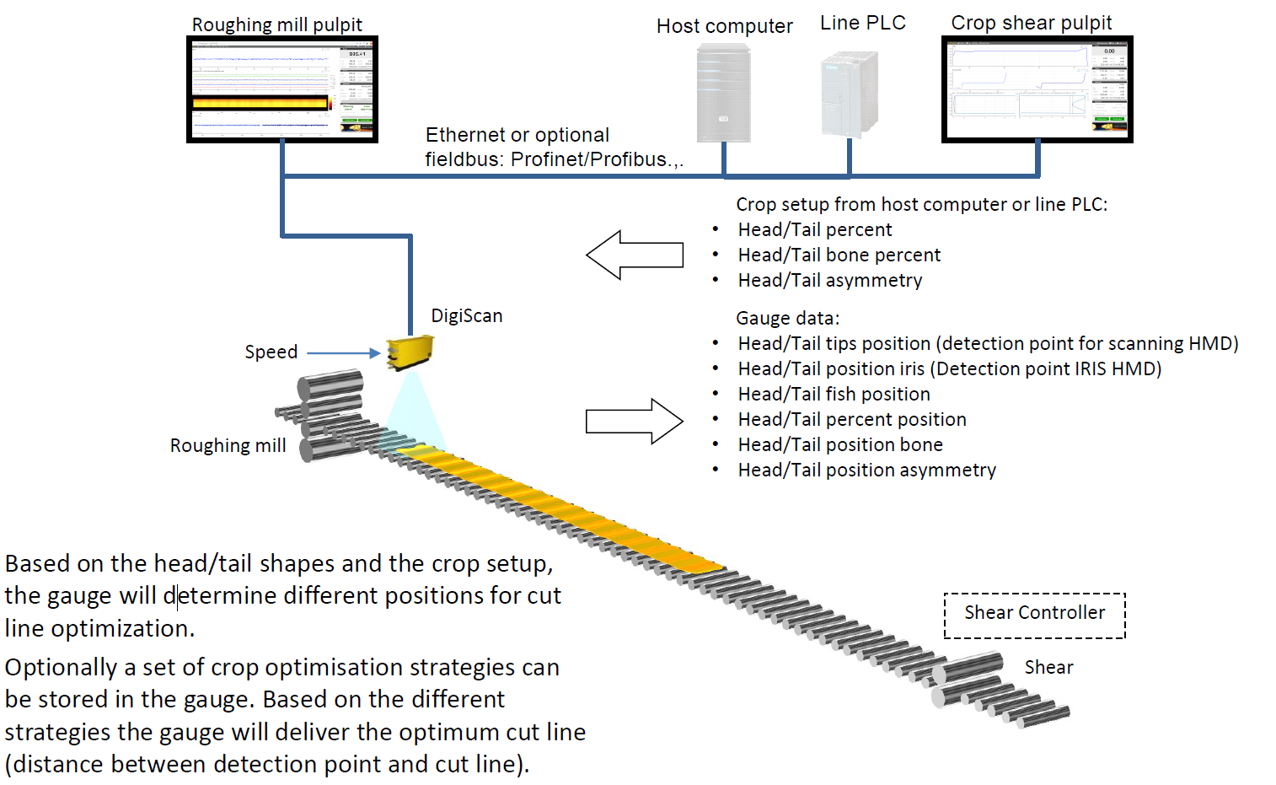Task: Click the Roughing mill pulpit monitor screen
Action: [281, 89]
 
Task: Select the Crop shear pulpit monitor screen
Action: [1037, 89]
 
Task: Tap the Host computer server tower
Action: [723, 94]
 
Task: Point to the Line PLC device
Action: [849, 94]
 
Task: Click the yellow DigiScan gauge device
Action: [410, 352]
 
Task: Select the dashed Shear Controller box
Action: [1034, 616]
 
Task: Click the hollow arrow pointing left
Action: [634, 255]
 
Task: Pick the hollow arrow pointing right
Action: [634, 421]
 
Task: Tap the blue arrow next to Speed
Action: [343, 352]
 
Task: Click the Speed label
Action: [271, 352]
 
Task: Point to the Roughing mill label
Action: [228, 446]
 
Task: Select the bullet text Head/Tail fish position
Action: [834, 395]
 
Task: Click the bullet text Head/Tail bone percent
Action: [839, 255]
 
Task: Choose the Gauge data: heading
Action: [787, 319]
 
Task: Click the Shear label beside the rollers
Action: [1048, 668]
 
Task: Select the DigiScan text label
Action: [466, 316]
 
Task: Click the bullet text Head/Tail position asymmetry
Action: [866, 470]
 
